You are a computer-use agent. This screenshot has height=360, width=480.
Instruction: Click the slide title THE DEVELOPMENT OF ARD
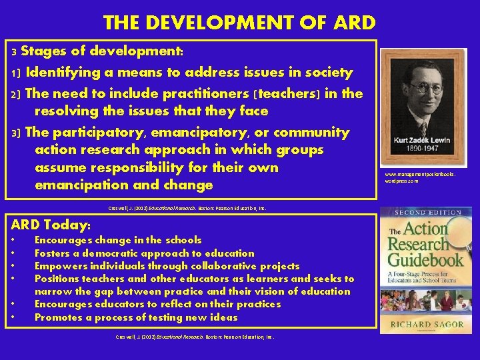tap(239, 23)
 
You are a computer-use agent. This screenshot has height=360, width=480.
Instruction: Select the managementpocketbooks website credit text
tap(420, 177)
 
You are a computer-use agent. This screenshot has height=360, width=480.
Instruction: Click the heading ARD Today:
tap(51, 223)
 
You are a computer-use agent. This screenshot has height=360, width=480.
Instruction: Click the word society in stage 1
tap(328, 72)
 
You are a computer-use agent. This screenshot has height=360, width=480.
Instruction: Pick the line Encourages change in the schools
tap(118, 240)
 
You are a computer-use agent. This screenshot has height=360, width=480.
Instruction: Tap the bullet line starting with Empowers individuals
tap(167, 265)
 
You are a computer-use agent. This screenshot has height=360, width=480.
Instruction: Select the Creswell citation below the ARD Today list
tap(195, 337)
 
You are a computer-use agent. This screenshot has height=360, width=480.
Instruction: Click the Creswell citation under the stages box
tap(187, 208)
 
